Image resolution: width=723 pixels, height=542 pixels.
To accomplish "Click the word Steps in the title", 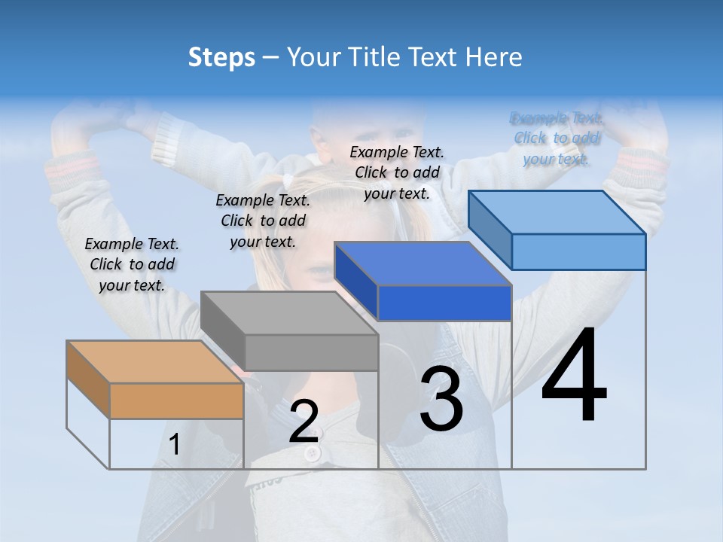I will click(221, 57).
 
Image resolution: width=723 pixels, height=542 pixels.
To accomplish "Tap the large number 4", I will click(574, 376).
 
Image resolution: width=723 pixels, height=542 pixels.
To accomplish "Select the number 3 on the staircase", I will click(441, 399).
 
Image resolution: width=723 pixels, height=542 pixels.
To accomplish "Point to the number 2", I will click(304, 422).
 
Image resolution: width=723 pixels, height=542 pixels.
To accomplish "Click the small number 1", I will click(174, 445).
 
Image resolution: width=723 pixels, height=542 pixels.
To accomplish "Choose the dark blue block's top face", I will click(422, 263).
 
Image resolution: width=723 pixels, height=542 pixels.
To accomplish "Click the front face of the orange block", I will click(176, 400).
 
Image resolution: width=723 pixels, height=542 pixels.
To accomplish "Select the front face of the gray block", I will click(311, 352).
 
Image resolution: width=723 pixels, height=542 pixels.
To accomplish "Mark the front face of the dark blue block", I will click(444, 303).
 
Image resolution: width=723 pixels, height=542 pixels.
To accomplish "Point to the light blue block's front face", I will click(578, 251).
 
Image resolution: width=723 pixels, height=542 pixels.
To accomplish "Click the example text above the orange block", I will click(132, 264).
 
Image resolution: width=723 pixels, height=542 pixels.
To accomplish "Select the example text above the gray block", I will click(263, 221).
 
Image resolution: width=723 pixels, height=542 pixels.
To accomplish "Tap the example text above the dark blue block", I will click(397, 172).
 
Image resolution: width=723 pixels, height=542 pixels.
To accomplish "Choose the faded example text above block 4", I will click(557, 139).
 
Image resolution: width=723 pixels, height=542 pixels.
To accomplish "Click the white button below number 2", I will click(312, 453).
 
